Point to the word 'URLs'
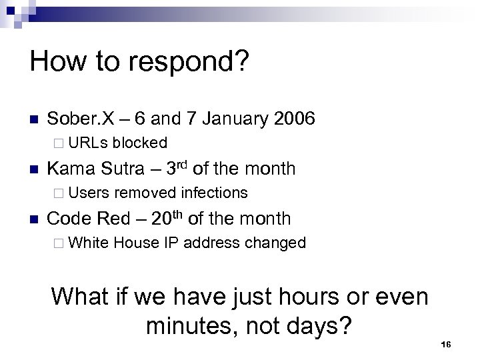88,143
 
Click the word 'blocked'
140,143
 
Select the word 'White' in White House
89,243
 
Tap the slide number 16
447,344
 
